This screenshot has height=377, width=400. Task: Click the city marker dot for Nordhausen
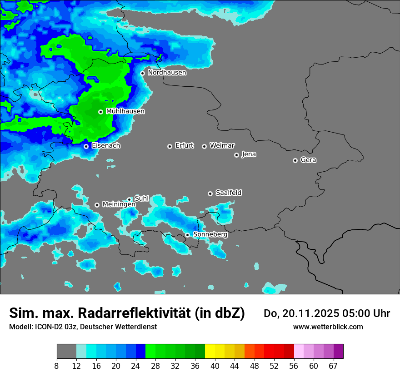142,73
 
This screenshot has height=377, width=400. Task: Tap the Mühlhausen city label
125,111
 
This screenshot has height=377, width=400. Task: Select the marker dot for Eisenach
86,146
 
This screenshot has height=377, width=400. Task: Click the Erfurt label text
184,146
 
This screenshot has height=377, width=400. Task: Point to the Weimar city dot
204,146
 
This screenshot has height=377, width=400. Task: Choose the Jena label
249,154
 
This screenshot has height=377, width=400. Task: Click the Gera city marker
295,160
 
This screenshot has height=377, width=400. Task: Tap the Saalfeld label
228,193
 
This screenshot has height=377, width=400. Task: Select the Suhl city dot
129,199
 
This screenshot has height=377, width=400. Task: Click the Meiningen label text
119,204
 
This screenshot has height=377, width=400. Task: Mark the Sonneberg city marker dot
187,235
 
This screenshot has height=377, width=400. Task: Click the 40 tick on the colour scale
215,366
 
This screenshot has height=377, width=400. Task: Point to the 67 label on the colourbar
333,366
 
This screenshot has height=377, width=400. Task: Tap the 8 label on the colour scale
57,366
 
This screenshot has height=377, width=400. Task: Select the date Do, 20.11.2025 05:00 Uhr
326,313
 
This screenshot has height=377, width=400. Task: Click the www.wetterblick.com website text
328,327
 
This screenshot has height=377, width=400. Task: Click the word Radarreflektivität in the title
136,313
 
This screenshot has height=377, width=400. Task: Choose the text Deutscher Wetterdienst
118,327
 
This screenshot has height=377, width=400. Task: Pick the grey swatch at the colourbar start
66,352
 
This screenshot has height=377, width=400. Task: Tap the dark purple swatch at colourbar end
338,352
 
